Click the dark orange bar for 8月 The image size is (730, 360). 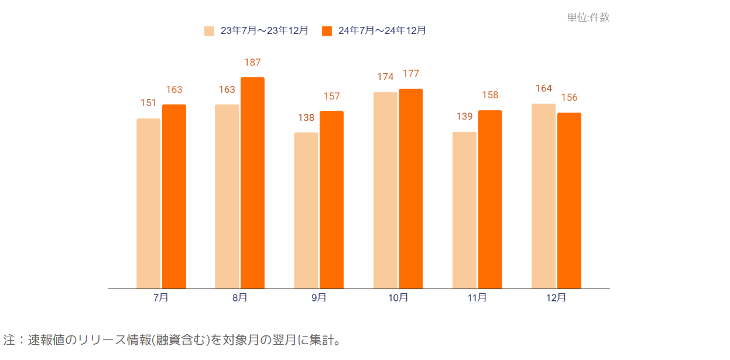[252, 183]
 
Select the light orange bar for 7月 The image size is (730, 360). [148, 203]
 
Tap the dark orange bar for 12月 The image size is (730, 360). [569, 200]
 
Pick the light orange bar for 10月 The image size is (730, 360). [385, 190]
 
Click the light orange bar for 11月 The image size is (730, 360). [464, 210]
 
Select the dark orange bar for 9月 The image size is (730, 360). [331, 200]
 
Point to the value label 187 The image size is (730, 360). [252, 63]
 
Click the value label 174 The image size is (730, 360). [385, 77]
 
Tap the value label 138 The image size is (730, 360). [306, 118]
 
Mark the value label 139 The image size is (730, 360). [464, 116]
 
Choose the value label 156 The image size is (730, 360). [569, 98]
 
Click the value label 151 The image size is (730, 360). [148, 103]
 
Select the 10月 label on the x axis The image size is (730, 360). [398, 298]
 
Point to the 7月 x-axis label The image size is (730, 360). [161, 298]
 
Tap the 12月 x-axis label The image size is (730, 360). [556, 298]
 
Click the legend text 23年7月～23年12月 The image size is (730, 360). [264, 31]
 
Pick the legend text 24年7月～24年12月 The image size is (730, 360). [382, 31]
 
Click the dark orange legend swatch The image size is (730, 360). [327, 31]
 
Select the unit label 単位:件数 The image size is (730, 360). [588, 18]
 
